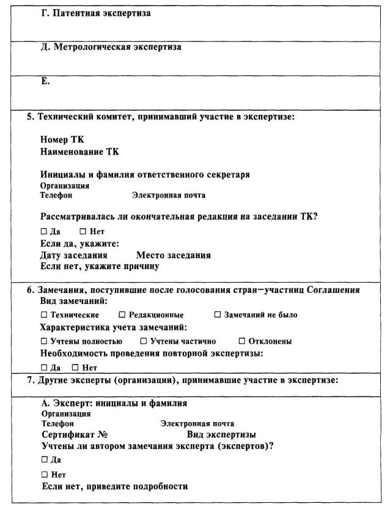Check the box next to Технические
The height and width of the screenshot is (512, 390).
pos(43,315)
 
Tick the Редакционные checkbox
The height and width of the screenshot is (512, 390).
pos(122,315)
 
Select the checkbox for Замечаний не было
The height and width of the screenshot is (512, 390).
pos(218,315)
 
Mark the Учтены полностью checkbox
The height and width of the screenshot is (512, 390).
pos(43,341)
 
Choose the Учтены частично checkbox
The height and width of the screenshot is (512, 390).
pos(144,341)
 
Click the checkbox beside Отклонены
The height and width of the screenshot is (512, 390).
pos(242,341)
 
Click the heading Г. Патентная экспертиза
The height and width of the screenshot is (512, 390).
pos(95,13)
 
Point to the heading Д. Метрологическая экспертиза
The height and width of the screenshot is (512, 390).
pos(111,47)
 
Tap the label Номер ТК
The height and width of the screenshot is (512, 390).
pos(62,139)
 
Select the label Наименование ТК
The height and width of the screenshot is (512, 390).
pos(80,150)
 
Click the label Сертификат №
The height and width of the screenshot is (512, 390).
pos(75,434)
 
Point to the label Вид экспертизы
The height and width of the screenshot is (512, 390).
pos(221,434)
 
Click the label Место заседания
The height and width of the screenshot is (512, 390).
pos(174,255)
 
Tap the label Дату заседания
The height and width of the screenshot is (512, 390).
pos(74,255)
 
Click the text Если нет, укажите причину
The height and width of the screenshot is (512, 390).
pos(100,266)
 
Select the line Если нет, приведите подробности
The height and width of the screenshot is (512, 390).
pos(114,486)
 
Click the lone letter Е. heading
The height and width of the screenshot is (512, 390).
pos(45,81)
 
